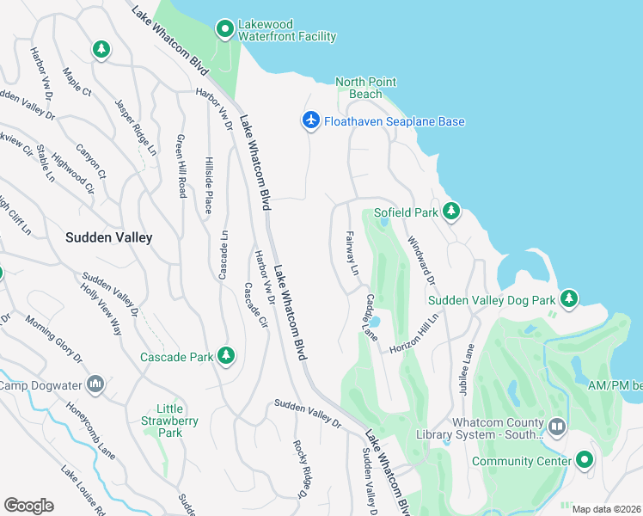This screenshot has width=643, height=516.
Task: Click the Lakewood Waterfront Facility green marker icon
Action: point(225,29)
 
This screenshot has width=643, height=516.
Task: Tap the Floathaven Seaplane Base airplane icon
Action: point(311,121)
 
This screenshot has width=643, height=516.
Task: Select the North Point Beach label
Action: point(366,88)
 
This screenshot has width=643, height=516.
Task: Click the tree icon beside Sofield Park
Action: point(450,212)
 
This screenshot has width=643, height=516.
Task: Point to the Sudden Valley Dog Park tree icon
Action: point(567,299)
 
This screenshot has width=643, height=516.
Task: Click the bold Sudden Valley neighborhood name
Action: point(110,237)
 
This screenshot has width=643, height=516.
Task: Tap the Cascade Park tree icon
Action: point(226,356)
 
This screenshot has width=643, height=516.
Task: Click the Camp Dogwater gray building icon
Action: point(95,384)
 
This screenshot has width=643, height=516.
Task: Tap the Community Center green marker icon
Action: point(585,461)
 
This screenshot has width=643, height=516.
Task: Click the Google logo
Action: point(28,506)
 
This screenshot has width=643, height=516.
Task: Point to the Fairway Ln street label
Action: point(352,252)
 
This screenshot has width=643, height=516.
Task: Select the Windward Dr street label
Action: point(421,261)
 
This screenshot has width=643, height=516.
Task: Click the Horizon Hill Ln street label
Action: point(415,334)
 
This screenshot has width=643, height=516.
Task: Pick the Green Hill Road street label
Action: point(181,166)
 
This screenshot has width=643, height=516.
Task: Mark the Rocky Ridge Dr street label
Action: point(300,469)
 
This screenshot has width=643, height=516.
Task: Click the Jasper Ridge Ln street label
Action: point(136,126)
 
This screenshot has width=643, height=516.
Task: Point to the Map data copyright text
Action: point(606,509)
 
